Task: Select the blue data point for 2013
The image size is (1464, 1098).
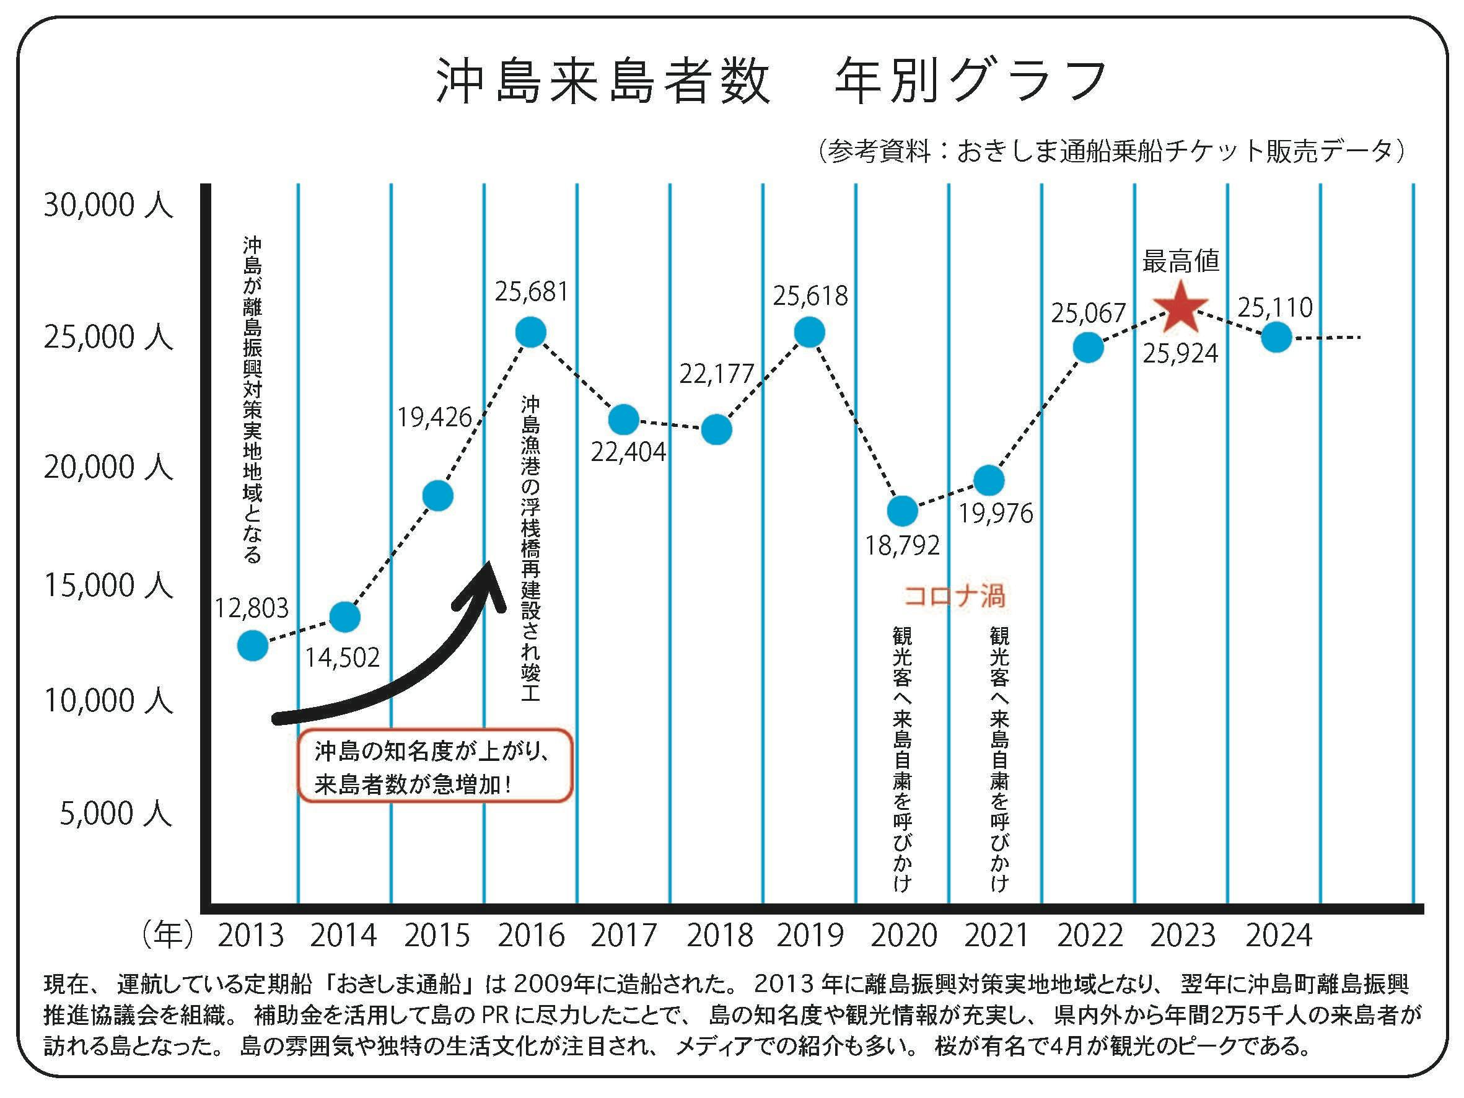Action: click(x=252, y=644)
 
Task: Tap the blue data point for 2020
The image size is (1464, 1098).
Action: click(x=902, y=511)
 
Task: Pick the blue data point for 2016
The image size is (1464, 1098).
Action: click(x=531, y=332)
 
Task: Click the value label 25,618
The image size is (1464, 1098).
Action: click(x=810, y=296)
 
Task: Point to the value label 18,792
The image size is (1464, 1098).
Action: click(x=902, y=545)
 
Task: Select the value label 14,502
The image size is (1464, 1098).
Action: click(x=342, y=657)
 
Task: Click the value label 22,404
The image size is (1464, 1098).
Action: click(x=628, y=452)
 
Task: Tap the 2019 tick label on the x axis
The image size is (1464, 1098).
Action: click(x=810, y=935)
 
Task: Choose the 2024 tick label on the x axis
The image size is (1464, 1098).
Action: click(x=1278, y=935)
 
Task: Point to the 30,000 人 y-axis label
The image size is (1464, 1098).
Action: click(x=108, y=205)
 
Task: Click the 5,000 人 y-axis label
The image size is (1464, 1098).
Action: click(x=116, y=814)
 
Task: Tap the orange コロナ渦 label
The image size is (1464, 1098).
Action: click(x=954, y=596)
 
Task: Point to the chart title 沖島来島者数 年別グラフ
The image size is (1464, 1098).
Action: click(x=771, y=81)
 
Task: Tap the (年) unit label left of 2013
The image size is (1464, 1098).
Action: click(x=167, y=935)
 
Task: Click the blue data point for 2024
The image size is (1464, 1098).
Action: click(x=1277, y=338)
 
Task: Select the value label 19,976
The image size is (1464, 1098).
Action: click(x=996, y=513)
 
